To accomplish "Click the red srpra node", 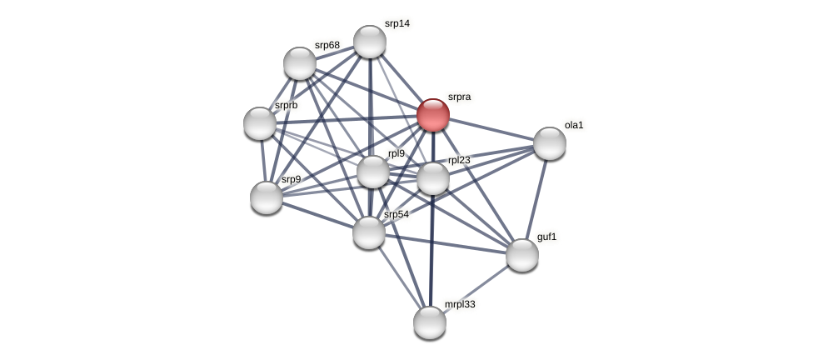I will click(x=433, y=115).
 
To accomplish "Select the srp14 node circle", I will click(x=370, y=42).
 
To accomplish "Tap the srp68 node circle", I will click(x=300, y=63).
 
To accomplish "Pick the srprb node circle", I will click(x=260, y=123).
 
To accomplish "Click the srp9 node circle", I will click(x=267, y=197).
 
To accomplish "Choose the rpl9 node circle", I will click(x=373, y=172).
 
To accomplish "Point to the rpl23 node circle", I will click(x=433, y=178).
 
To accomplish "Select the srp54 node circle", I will click(x=369, y=232).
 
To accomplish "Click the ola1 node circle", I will click(x=550, y=143).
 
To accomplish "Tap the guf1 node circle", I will click(x=522, y=255).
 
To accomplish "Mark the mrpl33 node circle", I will click(x=430, y=322).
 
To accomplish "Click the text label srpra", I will click(x=459, y=97).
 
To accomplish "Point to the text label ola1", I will click(x=574, y=125).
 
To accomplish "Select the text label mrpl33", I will click(x=460, y=304).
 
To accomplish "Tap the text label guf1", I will click(x=546, y=237).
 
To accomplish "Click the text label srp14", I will click(x=397, y=23).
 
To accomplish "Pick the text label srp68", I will click(x=327, y=45).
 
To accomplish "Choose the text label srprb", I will click(x=286, y=105).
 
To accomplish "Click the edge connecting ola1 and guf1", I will click(x=536, y=198).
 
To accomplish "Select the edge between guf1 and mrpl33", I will click(x=476, y=288).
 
